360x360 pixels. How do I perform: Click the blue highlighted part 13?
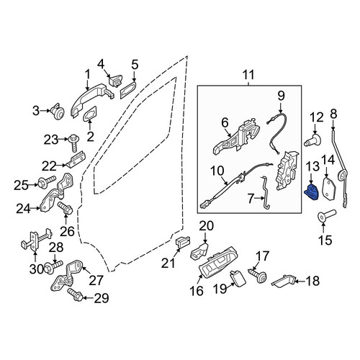coord(311,192)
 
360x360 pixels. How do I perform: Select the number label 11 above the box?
coord(248,75)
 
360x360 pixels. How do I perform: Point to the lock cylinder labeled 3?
coord(58,112)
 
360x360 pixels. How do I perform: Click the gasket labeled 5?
coord(128,90)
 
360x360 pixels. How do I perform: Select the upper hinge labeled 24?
coord(57,193)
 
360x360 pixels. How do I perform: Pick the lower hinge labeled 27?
coord(67,276)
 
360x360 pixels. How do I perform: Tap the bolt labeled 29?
coord(75,294)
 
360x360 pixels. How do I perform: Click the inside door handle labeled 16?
coord(218,262)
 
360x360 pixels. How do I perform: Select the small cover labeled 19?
coord(238,279)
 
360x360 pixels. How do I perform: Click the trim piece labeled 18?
coord(283,280)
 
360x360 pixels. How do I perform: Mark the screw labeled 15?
coord(327,215)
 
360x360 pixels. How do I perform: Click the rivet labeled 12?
coord(312,140)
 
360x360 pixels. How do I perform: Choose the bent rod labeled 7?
coord(265,192)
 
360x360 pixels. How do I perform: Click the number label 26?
coord(67,232)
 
